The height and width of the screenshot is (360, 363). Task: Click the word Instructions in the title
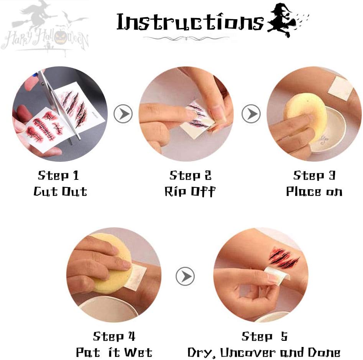[190, 22]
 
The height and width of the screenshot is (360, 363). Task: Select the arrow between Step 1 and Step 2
[123, 113]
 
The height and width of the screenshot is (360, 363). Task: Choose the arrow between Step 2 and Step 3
[251, 113]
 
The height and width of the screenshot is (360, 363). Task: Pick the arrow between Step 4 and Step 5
[185, 276]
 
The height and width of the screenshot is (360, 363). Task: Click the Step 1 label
[58, 175]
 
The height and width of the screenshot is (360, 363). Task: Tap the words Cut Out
[60, 191]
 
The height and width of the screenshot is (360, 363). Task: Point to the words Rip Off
[190, 191]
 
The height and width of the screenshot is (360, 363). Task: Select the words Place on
[314, 192]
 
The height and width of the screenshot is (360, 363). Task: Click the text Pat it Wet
[114, 352]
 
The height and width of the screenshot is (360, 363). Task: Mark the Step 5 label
[264, 336]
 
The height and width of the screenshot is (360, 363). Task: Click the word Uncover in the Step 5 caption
[248, 353]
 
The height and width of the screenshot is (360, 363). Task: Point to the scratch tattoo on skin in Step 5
[284, 257]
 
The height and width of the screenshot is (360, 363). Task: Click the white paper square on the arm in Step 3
[340, 88]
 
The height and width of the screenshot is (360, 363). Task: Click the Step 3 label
[314, 175]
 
